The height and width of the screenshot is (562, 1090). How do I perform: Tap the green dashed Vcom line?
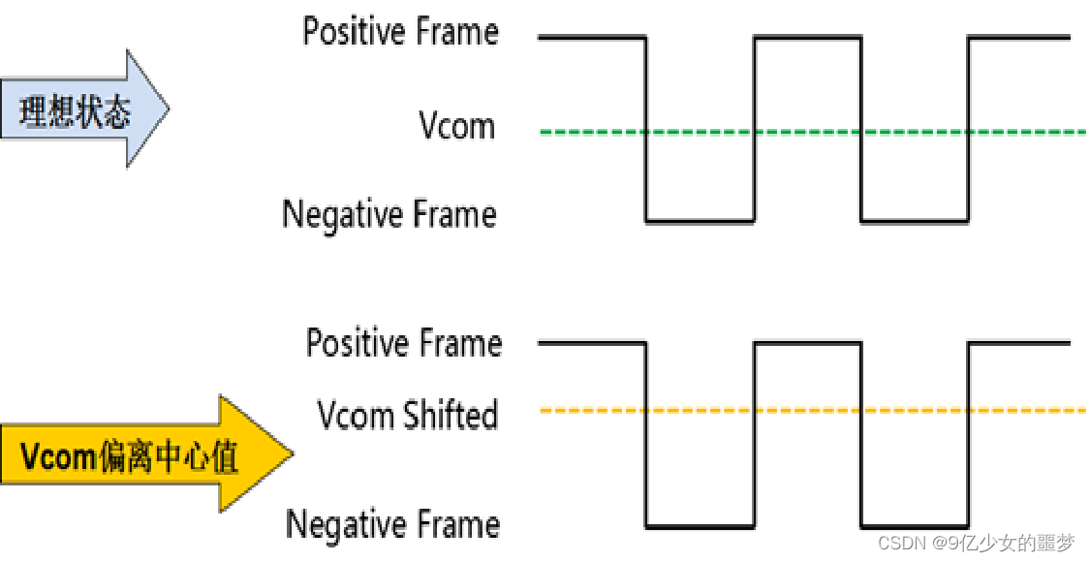pos(814,131)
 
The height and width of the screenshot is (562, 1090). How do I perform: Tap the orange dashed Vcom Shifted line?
pos(814,411)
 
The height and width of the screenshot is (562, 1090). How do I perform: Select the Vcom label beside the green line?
pos(456,126)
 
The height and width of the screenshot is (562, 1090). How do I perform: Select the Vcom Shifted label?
pos(407,416)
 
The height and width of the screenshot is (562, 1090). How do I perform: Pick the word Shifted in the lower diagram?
pos(451,416)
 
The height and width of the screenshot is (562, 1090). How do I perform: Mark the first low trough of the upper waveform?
pos(700,221)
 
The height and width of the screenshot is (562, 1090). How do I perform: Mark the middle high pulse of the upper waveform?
pos(807,38)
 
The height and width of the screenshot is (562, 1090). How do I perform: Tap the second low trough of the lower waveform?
pos(914,527)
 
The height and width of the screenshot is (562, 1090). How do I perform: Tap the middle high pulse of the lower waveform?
pos(807,343)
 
